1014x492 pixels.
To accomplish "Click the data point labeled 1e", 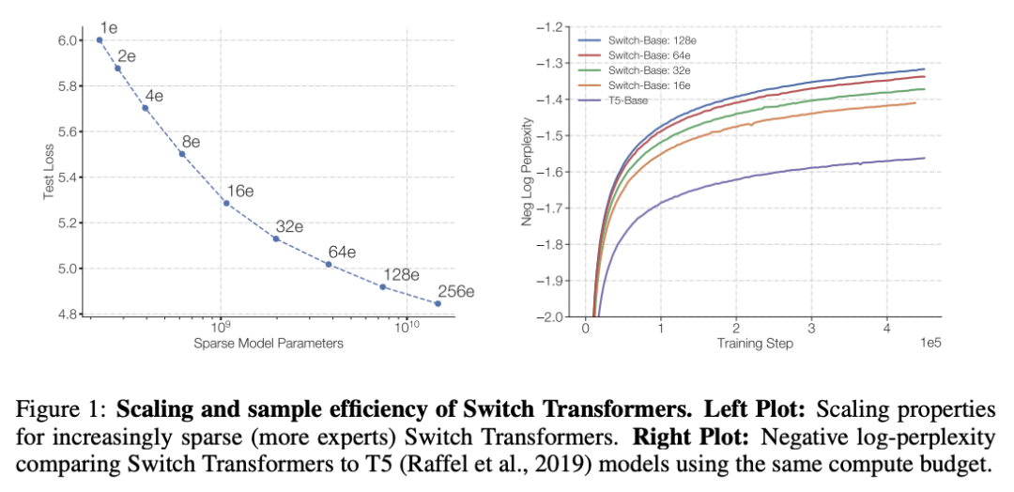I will pos(100,40).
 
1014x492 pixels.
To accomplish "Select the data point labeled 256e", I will pos(438,303).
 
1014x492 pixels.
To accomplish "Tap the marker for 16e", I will pos(226,203).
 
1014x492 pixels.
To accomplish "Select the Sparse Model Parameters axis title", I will pos(268,344).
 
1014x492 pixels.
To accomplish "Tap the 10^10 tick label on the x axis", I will pos(407,327).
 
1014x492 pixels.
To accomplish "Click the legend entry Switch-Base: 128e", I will pos(649,41).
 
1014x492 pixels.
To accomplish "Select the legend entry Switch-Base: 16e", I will pos(647,85).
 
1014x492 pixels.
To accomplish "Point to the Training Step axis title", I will pos(755,344).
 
